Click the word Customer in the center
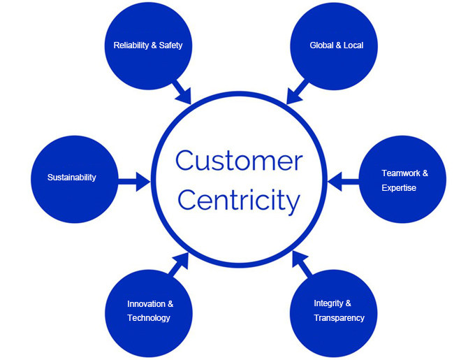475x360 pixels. [238, 161]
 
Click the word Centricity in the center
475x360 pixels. [238, 201]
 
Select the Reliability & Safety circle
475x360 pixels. [147, 45]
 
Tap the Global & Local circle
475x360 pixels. [336, 45]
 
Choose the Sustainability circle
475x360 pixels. [72, 178]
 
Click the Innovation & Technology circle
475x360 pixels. [149, 311]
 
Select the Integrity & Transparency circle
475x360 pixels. [339, 311]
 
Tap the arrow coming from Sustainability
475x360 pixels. [136, 182]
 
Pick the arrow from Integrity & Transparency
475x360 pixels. [302, 264]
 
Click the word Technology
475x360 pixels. [149, 318]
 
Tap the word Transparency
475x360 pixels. [339, 318]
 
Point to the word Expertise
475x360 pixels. [399, 188]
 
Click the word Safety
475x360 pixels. [170, 45]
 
